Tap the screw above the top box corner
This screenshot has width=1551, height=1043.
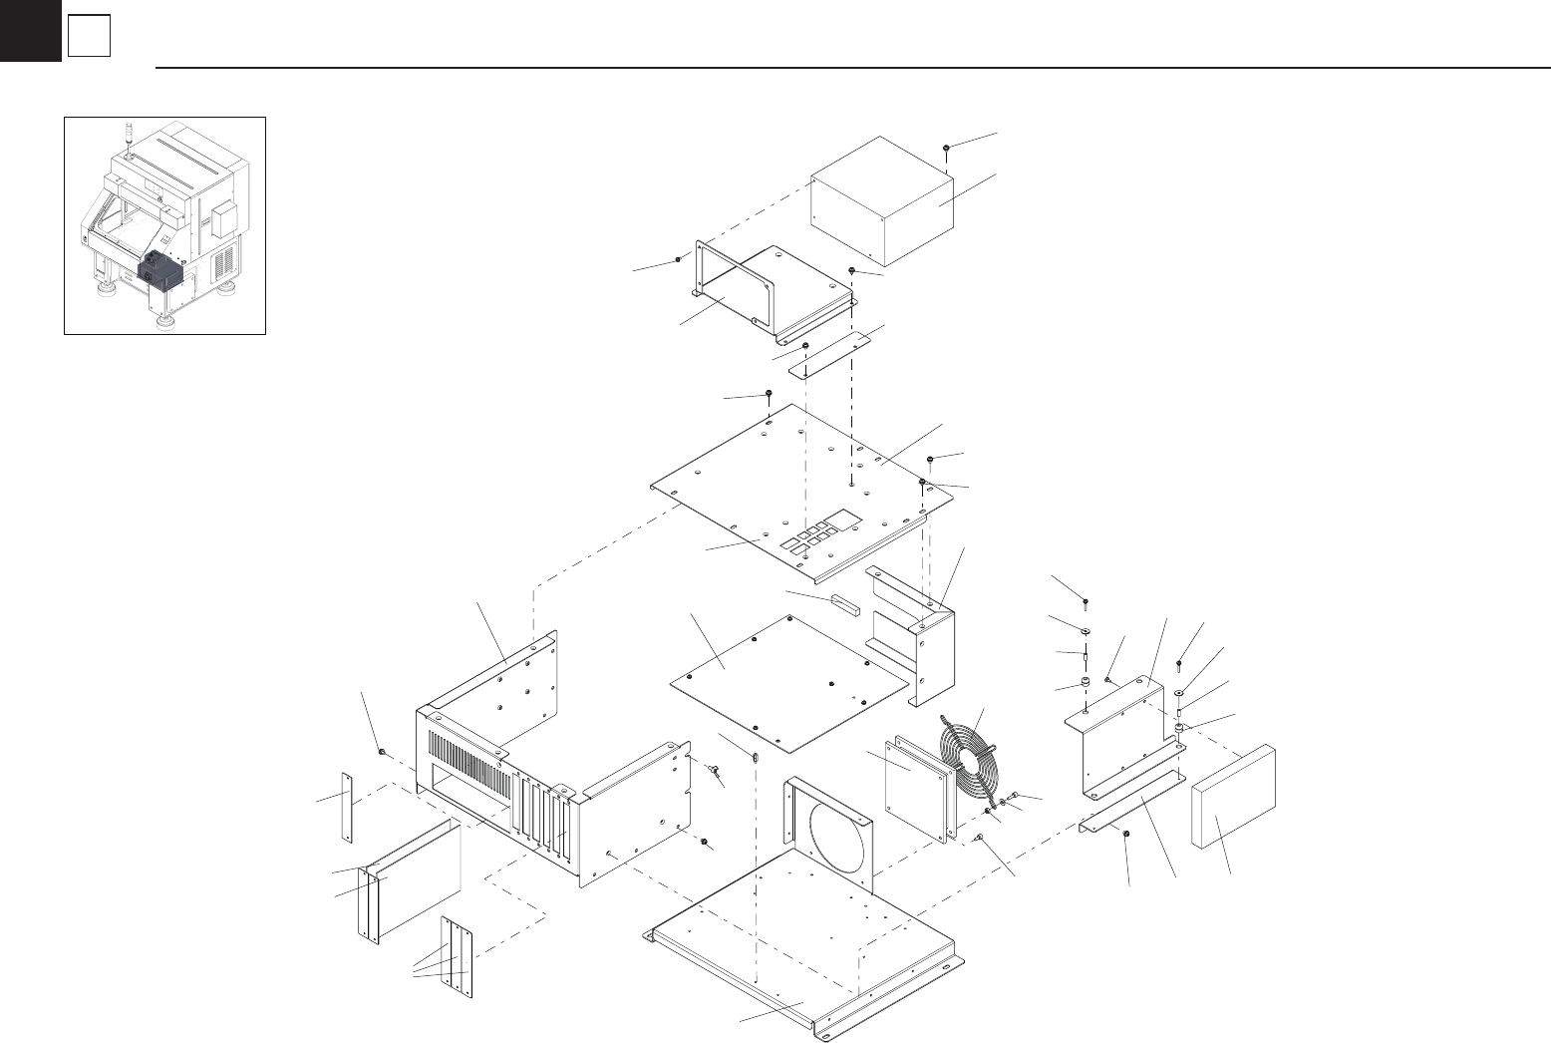945,149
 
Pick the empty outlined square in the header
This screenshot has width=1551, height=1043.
89,38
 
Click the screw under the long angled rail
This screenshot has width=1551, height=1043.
1126,835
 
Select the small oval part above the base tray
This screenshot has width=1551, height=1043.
755,756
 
